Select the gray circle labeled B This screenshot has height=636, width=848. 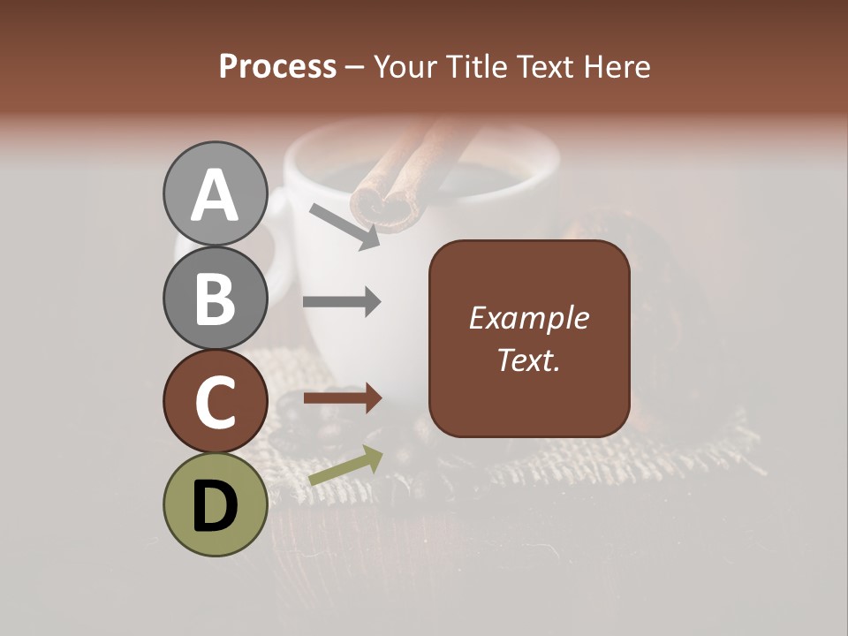coord(215,299)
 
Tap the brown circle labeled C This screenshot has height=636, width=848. coord(215,402)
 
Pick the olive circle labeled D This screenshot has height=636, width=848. coord(215,504)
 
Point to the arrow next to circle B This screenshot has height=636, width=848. coord(342,302)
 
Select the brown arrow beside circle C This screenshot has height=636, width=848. coord(343,398)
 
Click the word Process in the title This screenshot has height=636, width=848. coord(277,67)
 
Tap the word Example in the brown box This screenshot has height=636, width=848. coord(528,318)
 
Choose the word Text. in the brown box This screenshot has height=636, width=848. coord(528,360)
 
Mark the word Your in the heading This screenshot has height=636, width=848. coord(407,67)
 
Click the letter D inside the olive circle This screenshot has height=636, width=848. coord(215,507)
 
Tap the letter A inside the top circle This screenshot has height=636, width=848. coord(215,195)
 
